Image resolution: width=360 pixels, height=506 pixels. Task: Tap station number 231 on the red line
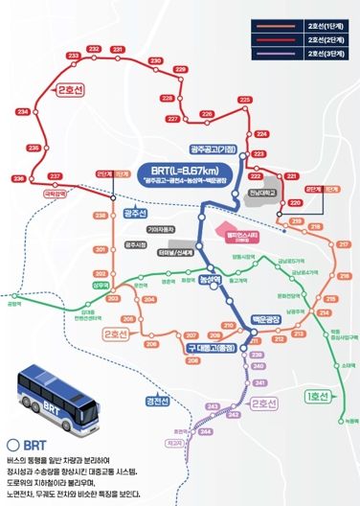click(118, 47)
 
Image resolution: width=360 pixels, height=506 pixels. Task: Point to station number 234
click(23, 112)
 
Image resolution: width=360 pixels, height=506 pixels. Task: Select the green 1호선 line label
click(314, 395)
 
